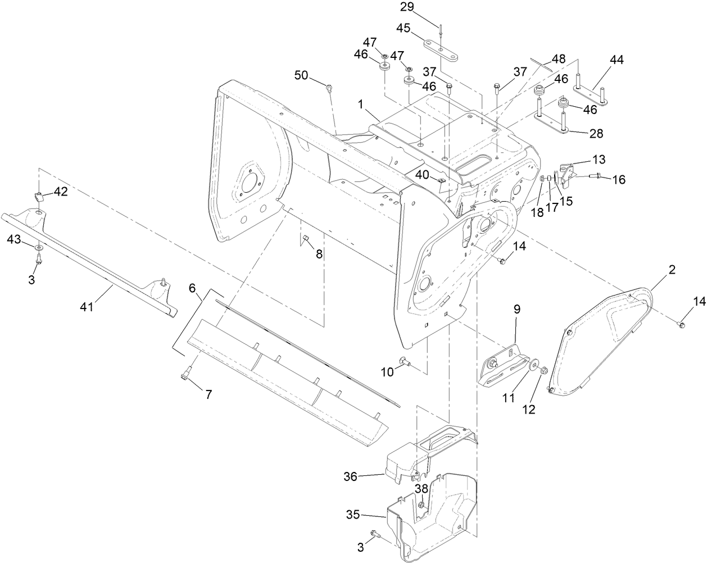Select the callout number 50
301,75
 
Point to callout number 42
60,192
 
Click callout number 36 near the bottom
351,476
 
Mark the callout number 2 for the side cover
670,270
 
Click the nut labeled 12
544,371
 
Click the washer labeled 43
38,247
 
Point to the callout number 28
596,133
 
